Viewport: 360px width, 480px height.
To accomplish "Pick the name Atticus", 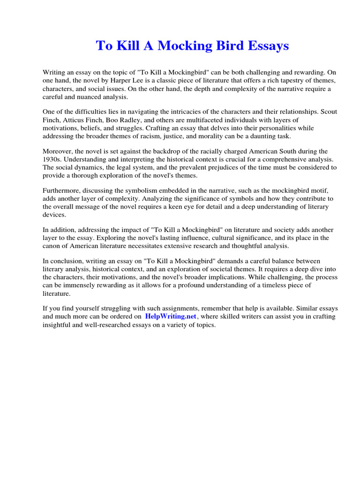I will tap(69, 120).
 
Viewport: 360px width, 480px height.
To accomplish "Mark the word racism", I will tap(161, 136).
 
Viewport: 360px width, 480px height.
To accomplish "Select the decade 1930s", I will tap(52, 159).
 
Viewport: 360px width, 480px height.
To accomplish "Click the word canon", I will tap(52, 246).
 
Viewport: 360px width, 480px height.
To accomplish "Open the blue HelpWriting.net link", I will tap(171, 316).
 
